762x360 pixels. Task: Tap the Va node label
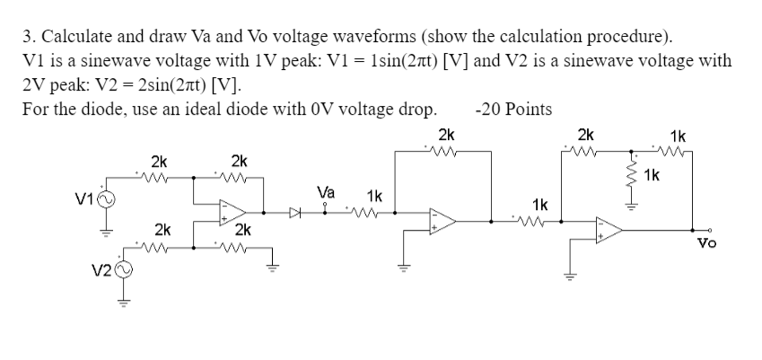point(327,192)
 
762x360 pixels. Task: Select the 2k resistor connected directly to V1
point(159,177)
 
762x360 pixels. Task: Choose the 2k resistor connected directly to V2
point(159,243)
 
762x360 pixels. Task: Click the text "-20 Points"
point(513,109)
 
